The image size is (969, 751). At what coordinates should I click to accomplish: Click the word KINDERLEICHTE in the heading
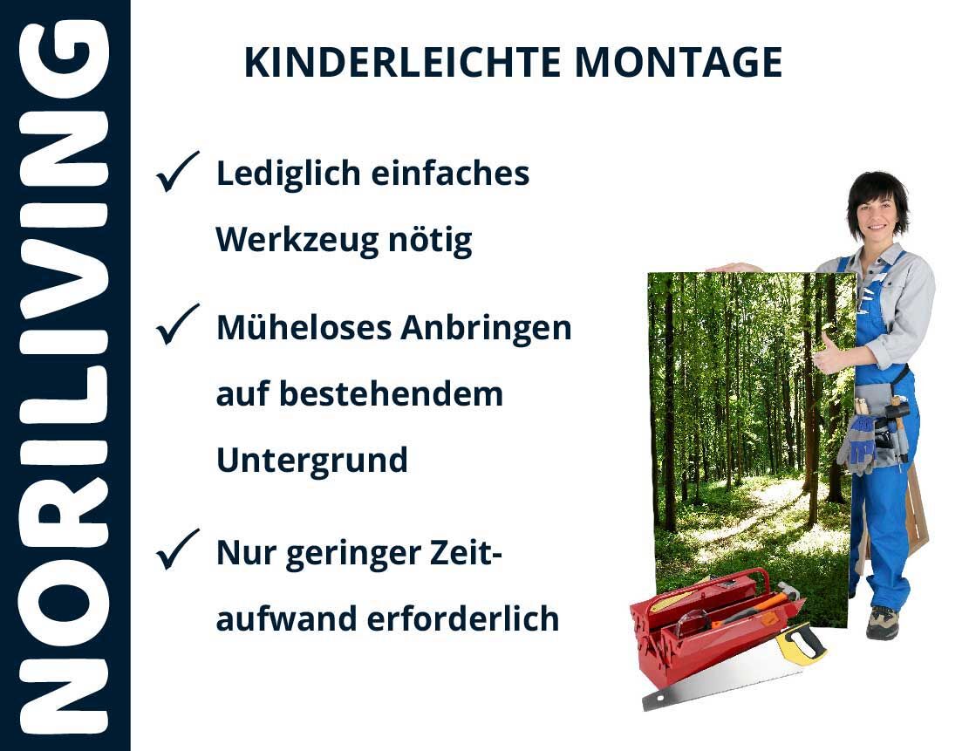[x=402, y=63]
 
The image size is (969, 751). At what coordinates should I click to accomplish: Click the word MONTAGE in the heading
[x=679, y=63]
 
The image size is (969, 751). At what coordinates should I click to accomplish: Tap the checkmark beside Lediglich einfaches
[x=177, y=171]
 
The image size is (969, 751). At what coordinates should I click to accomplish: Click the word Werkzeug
[x=297, y=241]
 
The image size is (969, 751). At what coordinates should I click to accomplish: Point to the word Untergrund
[x=312, y=461]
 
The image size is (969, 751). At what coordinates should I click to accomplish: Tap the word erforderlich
[x=463, y=618]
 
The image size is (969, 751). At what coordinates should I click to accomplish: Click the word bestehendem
[x=392, y=394]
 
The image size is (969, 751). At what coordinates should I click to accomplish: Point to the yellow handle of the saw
[x=802, y=643]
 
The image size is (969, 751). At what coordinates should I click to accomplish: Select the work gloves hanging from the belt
[x=857, y=442]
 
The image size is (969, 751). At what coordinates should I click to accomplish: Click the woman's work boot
[x=882, y=622]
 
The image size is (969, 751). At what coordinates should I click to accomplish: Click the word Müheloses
[x=304, y=328]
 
